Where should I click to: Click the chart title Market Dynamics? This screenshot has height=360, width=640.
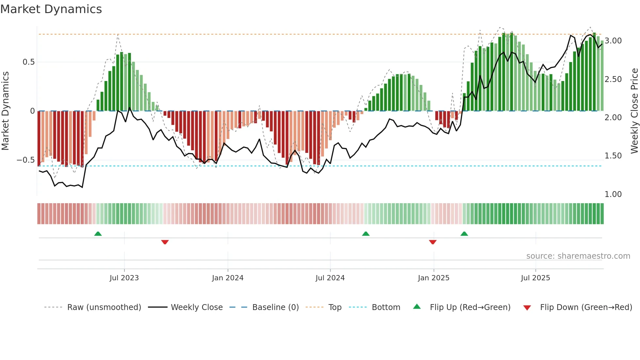[x=51, y=9]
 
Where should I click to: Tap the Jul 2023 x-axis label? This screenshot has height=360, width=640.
[x=124, y=278]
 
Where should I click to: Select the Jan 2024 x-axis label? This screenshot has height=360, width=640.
[x=228, y=278]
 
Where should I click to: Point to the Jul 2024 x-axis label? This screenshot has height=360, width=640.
[x=330, y=278]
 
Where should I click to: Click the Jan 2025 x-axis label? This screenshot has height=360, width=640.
[x=434, y=278]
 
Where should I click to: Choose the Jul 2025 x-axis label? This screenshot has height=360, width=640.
[x=536, y=278]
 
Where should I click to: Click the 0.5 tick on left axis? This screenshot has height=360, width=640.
[x=28, y=62]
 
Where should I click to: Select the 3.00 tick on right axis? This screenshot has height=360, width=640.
[x=613, y=41]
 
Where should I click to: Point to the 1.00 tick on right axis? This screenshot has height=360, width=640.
[x=613, y=194]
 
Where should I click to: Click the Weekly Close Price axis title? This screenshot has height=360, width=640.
[x=634, y=111]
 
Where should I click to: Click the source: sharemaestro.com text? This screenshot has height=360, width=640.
[x=578, y=256]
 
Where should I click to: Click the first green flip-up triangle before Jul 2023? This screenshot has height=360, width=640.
[x=98, y=234]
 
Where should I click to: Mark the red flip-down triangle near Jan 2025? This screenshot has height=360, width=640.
[x=433, y=242]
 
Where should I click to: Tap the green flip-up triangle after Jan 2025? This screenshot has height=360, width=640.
[x=464, y=234]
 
